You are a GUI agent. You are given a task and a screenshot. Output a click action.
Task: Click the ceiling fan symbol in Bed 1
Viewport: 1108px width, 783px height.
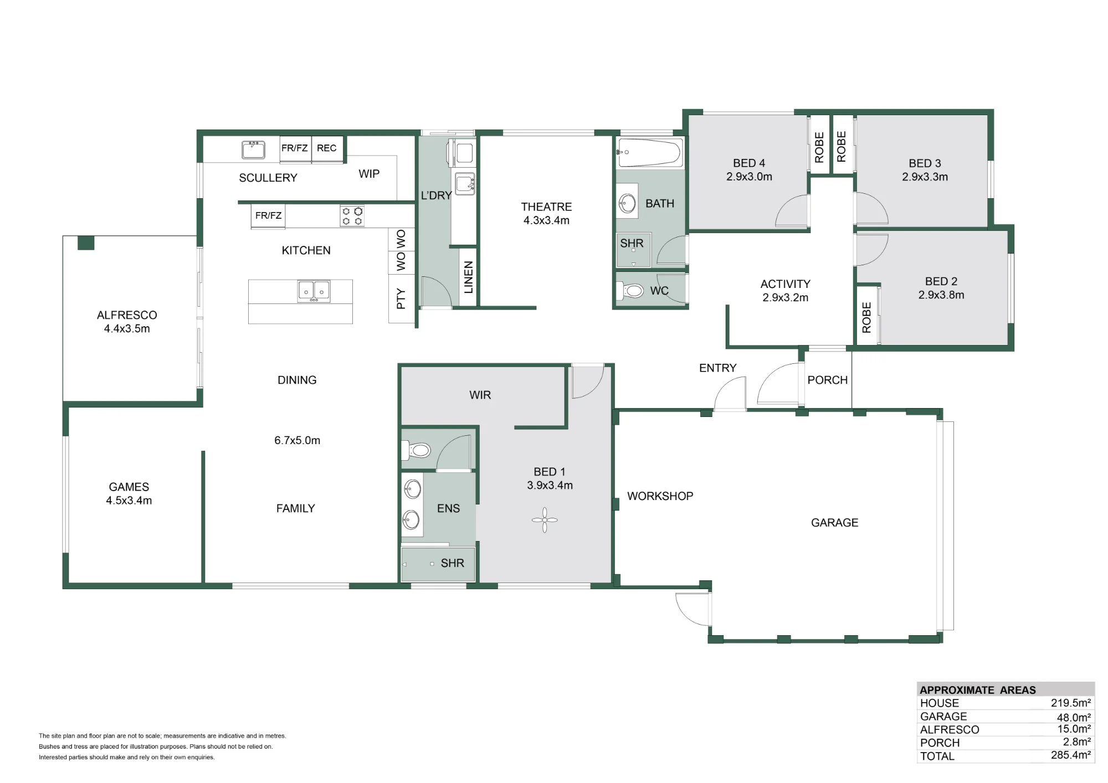point(545,520)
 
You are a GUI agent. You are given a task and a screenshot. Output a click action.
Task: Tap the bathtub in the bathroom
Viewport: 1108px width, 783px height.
point(650,152)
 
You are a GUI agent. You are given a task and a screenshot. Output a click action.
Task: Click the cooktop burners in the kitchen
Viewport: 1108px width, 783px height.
point(352,216)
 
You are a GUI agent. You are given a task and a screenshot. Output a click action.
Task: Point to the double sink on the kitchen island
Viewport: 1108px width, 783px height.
point(314,291)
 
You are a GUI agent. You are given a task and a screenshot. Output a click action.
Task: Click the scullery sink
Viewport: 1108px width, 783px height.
point(253,150)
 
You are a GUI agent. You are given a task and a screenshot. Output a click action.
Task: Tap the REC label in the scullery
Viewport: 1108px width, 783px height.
point(326,148)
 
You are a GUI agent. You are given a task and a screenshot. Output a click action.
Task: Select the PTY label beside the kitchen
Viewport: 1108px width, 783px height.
point(401,299)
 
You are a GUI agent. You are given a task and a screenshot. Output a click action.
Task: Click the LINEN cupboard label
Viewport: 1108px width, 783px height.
point(469,277)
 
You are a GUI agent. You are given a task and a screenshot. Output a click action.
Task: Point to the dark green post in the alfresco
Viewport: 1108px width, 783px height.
point(86,243)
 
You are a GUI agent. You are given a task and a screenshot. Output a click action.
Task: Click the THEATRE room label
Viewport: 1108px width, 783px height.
point(546,207)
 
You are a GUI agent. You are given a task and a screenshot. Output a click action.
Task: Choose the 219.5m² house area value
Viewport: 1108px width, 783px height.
point(1071,703)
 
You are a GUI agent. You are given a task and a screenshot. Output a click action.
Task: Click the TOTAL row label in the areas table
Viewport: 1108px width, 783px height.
point(937,756)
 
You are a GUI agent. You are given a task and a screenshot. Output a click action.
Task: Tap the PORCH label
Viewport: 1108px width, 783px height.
point(828,380)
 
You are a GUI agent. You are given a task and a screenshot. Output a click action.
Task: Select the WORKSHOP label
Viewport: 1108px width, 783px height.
point(660,496)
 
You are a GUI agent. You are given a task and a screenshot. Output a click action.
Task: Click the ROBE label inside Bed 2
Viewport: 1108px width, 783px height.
point(867,317)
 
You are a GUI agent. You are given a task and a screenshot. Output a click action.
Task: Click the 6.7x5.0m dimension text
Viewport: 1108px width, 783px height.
point(297,440)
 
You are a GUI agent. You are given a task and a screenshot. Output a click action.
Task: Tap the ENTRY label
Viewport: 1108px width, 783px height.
point(718,368)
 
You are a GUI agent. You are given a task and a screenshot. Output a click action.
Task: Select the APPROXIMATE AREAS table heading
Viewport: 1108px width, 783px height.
point(978,690)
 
